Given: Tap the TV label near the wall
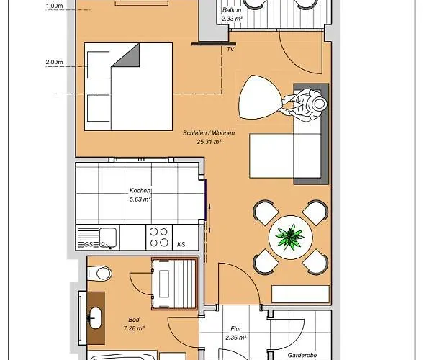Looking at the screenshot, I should pyautogui.click(x=230, y=50).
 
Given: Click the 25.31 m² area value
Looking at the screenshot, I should pyautogui.click(x=207, y=142).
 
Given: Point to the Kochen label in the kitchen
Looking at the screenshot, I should pyautogui.click(x=140, y=191).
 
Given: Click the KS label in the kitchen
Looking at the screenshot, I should pyautogui.click(x=181, y=245).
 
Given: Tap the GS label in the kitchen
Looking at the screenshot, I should pyautogui.click(x=88, y=245).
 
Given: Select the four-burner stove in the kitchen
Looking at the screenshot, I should pyautogui.click(x=158, y=237).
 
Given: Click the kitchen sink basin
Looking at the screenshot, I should pyautogui.click(x=107, y=235).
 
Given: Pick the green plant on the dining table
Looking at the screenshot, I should pyautogui.click(x=292, y=235).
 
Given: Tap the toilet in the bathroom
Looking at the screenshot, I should pyautogui.click(x=98, y=273).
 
